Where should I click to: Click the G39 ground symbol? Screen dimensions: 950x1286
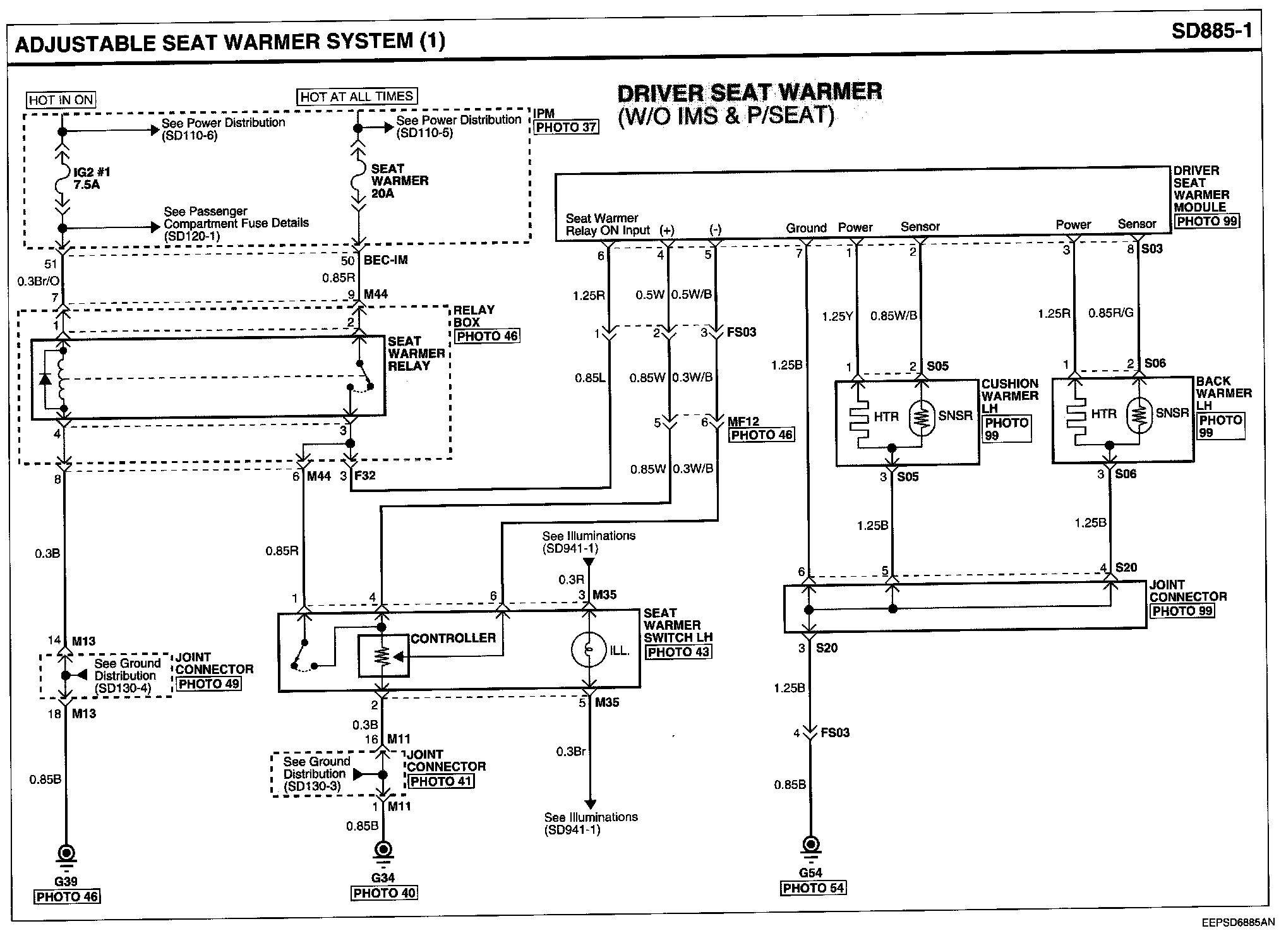[x=66, y=854]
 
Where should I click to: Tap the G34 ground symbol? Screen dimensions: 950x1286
[x=383, y=850]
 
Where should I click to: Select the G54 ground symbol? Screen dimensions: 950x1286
[x=811, y=845]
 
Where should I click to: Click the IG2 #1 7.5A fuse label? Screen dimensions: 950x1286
[x=87, y=178]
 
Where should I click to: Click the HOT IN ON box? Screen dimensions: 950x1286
[x=61, y=100]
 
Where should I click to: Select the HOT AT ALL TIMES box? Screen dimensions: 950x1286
[x=357, y=97]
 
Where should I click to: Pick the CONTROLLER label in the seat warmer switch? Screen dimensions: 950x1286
[x=453, y=638]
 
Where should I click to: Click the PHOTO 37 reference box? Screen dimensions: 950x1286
[x=566, y=128]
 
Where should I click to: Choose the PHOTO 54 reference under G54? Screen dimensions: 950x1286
[x=813, y=888]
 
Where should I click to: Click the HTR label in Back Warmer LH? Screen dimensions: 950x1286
[x=1103, y=414]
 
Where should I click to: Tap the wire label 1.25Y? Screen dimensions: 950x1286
[x=837, y=316]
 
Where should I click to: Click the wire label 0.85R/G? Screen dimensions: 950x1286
[x=1111, y=313]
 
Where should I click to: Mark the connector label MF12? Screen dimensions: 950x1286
[x=743, y=421]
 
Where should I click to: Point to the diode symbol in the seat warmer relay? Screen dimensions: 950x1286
[x=45, y=378]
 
